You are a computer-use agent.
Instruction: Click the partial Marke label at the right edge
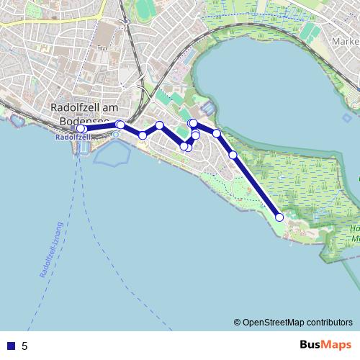345,41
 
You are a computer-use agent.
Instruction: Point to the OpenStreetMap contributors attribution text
293,322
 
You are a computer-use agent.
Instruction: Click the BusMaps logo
326,345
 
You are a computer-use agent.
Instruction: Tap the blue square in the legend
10,346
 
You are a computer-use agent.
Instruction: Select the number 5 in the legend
24,346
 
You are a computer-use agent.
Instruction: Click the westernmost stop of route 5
81,129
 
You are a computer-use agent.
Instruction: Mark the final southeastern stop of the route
279,217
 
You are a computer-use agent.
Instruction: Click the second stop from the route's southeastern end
233,155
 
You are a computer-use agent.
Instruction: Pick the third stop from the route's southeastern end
216,133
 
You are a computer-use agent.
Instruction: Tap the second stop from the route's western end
120,125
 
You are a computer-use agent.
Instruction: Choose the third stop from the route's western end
143,135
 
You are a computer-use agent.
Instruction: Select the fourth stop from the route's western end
159,125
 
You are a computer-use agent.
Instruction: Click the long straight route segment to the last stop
256,186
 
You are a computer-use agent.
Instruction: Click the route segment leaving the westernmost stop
101,127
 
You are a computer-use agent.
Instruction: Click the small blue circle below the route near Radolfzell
115,135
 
